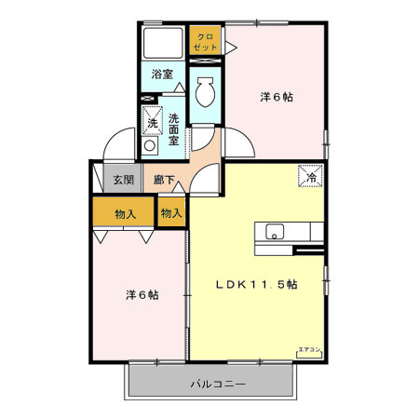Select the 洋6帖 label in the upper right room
pyautogui.click(x=276, y=96)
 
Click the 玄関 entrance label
pyautogui.click(x=124, y=180)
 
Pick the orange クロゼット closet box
pyautogui.click(x=206, y=41)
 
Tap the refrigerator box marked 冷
pyautogui.click(x=310, y=172)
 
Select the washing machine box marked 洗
pyautogui.click(x=152, y=122)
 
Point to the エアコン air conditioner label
pyautogui.click(x=309, y=350)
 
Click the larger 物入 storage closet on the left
pyautogui.click(x=125, y=213)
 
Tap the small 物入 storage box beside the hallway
pyautogui.click(x=170, y=213)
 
